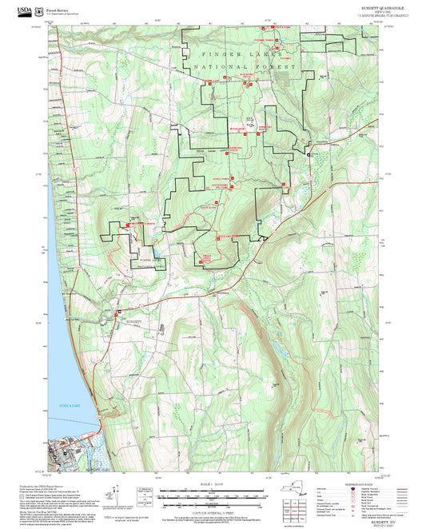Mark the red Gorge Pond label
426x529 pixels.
point(221,178)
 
